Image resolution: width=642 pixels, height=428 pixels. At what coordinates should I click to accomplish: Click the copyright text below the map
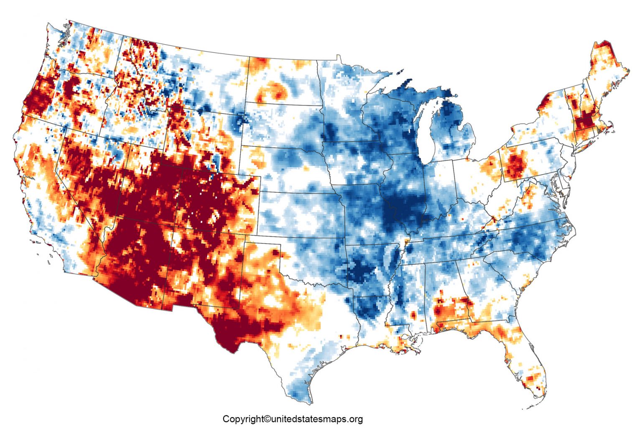pyautogui.click(x=292, y=419)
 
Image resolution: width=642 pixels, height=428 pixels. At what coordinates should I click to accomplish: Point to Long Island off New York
pyautogui.click(x=594, y=140)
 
